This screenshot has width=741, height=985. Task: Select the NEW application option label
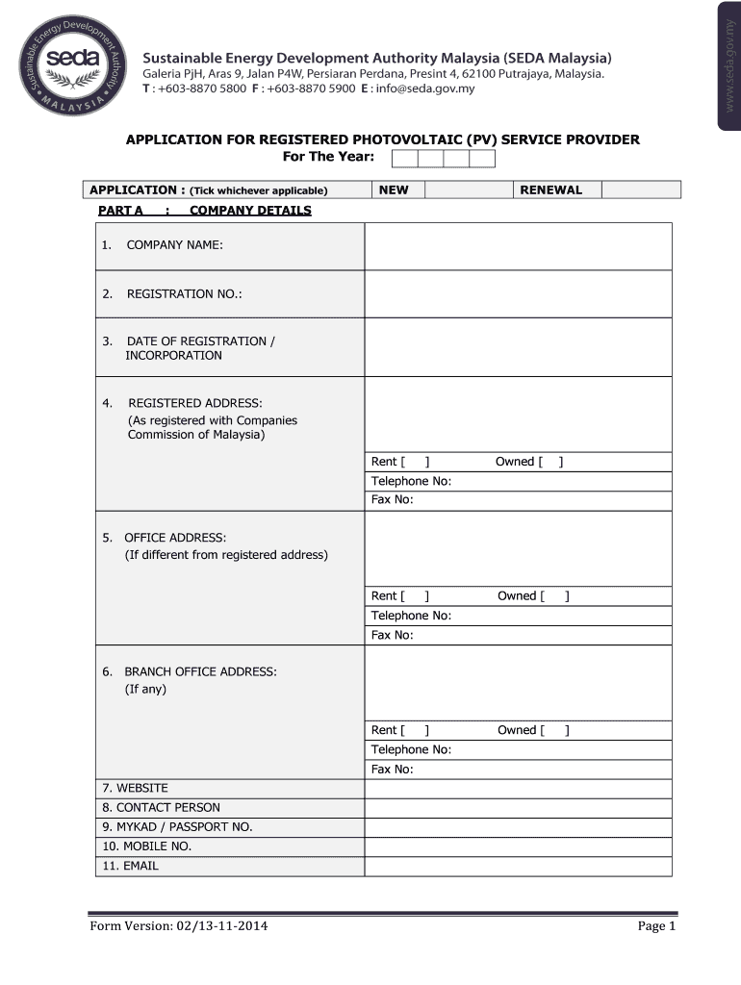click(394, 190)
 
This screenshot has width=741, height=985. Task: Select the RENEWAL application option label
click(550, 190)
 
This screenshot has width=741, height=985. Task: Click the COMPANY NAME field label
click(174, 246)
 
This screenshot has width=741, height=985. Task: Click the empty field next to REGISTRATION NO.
click(518, 294)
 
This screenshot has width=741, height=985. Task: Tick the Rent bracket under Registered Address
click(415, 462)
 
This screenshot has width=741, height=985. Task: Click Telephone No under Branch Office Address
click(411, 750)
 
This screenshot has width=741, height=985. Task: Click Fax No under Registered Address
click(392, 500)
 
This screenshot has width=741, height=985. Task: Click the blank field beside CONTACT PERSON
click(518, 808)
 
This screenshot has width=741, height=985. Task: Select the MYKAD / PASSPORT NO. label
click(177, 827)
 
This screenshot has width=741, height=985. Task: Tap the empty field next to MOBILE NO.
click(518, 846)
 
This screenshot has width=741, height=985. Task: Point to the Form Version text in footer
click(179, 926)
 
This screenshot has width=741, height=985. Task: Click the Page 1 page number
click(656, 926)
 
